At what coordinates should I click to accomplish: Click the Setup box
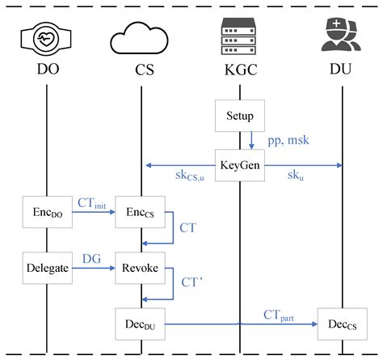240,116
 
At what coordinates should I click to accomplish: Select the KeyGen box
240,166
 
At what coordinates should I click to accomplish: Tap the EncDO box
46,216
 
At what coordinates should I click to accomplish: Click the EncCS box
141,216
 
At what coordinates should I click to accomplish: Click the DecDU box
141,324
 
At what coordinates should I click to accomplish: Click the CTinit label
92,205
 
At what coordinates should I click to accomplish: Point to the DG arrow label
91,257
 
